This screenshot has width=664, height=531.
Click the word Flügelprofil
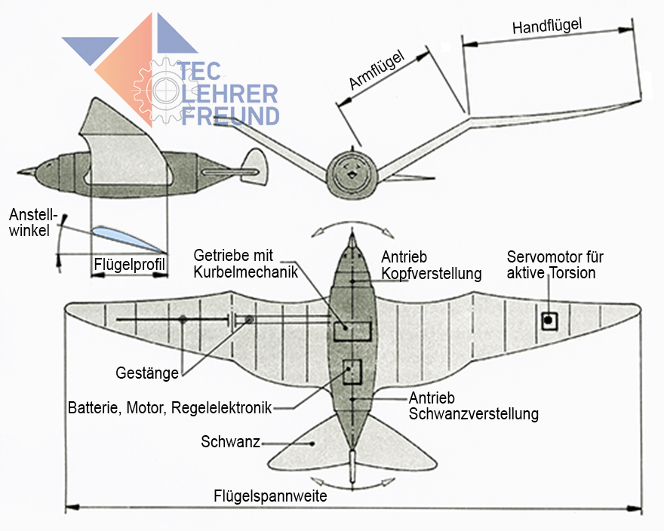(130, 265)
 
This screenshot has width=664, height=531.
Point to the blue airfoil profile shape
(125, 237)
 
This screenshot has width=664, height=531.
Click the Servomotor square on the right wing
(549, 321)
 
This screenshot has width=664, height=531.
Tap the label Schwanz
(230, 442)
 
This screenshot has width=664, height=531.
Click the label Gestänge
(147, 373)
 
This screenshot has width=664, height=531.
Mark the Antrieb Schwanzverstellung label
(473, 406)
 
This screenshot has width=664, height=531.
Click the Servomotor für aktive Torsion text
(555, 265)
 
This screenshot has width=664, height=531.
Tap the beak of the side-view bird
(25, 170)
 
